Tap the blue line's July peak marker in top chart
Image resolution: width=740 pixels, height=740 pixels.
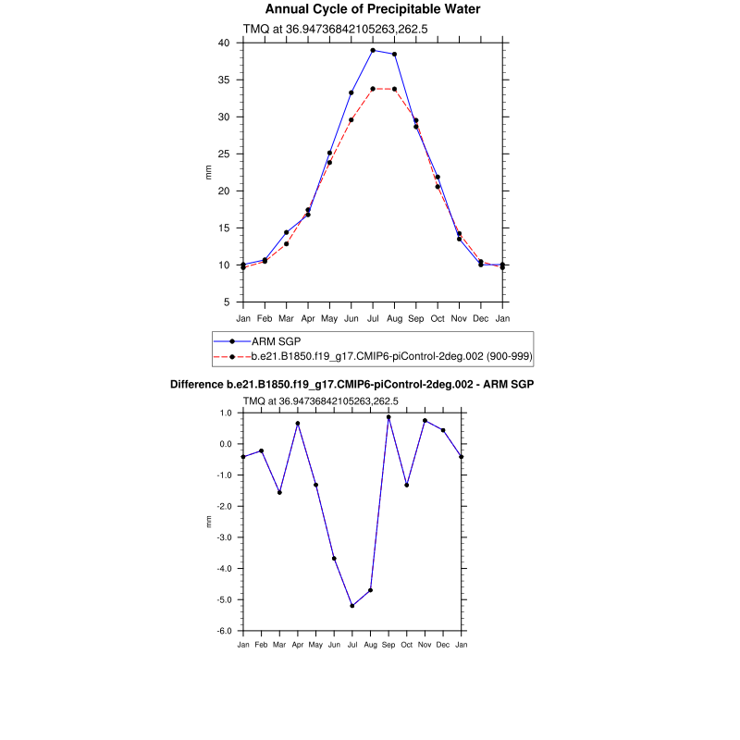(x=373, y=50)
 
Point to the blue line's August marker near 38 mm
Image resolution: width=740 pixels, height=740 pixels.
(x=395, y=54)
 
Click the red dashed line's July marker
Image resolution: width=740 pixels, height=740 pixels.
(x=373, y=89)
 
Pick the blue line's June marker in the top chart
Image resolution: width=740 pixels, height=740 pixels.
(x=351, y=92)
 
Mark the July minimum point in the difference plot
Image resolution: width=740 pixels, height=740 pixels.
(x=352, y=606)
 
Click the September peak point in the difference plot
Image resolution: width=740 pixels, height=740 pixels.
(x=388, y=417)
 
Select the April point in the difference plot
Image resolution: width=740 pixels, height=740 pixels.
(x=298, y=424)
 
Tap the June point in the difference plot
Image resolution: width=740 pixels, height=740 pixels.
(x=334, y=559)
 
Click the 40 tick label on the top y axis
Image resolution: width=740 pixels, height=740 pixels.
(x=223, y=43)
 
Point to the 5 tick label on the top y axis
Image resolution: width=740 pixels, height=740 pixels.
(x=226, y=302)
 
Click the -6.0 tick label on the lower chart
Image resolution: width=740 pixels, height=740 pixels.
(x=223, y=631)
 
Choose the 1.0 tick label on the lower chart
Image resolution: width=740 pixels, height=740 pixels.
(x=225, y=413)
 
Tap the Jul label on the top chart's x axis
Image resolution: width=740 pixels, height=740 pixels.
(x=373, y=318)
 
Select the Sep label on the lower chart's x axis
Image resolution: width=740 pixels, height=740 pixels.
(x=388, y=644)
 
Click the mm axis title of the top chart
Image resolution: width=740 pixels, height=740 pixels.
(x=208, y=172)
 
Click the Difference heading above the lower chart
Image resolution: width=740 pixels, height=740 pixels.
(x=352, y=383)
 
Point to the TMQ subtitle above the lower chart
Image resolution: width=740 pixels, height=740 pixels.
(x=320, y=401)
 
